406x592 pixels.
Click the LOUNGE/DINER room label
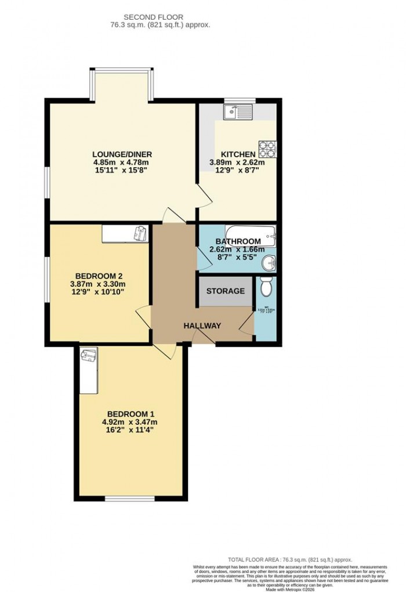point(122,154)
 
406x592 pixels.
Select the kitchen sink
point(238,111)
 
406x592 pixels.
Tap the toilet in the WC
point(266,287)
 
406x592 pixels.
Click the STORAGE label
point(226,291)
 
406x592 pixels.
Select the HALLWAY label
point(202,326)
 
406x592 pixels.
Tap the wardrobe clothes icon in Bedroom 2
point(140,233)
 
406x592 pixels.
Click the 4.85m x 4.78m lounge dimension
point(122,163)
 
